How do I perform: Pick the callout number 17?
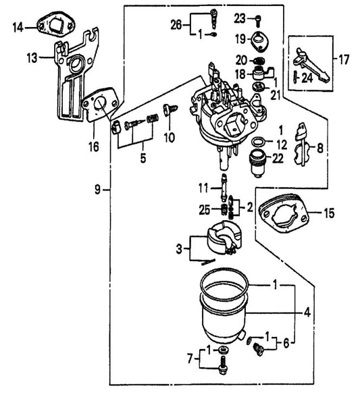click(x=343, y=60)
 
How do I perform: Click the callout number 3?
click(x=179, y=249)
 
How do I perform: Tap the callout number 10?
click(x=168, y=138)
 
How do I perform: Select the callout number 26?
click(x=176, y=25)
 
